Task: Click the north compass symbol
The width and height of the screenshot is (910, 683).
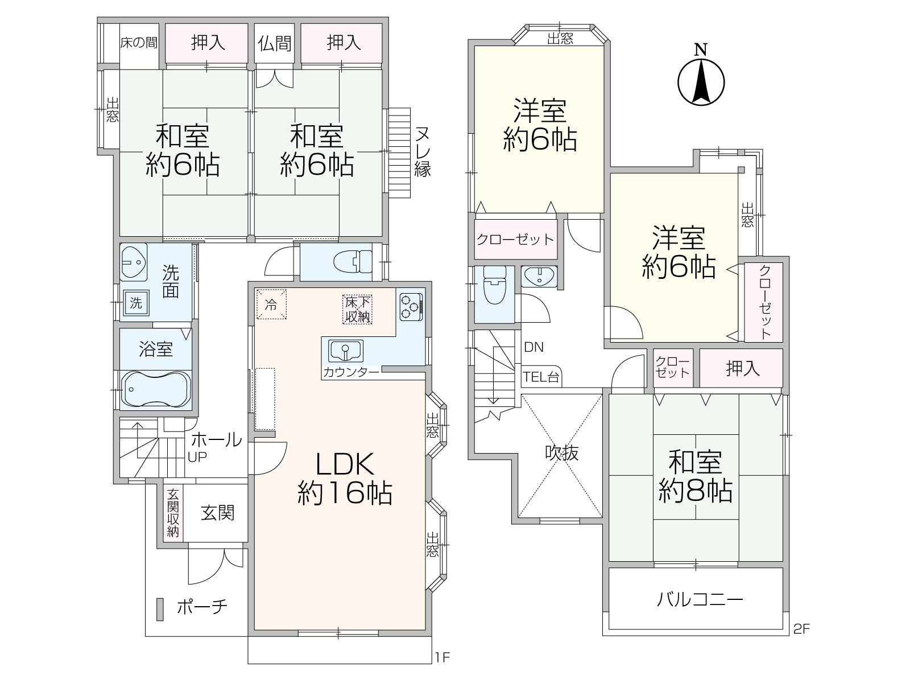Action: (701, 77)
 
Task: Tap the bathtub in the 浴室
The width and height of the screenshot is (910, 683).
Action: (156, 389)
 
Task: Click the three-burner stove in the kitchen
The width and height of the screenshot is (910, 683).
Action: (411, 307)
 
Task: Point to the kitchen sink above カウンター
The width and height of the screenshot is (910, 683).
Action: (346, 351)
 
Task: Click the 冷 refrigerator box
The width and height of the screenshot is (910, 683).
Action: (271, 305)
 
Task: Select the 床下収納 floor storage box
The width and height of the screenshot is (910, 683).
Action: (357, 310)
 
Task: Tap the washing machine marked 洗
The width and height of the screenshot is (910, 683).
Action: (136, 303)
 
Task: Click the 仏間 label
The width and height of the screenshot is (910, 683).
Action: (275, 43)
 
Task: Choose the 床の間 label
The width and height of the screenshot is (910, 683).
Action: (139, 43)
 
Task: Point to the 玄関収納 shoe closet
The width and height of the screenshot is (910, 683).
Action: (173, 513)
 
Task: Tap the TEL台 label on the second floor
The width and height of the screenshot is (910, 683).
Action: (541, 377)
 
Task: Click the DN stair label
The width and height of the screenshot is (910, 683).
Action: (533, 347)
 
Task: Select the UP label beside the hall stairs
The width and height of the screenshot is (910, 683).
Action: (197, 457)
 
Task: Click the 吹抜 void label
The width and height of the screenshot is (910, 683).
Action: (561, 453)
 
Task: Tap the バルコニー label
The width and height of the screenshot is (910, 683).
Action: (700, 599)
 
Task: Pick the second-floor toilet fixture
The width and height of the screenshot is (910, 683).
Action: (495, 285)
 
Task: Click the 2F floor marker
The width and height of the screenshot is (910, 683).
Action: (801, 629)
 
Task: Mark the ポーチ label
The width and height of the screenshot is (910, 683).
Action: (202, 607)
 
